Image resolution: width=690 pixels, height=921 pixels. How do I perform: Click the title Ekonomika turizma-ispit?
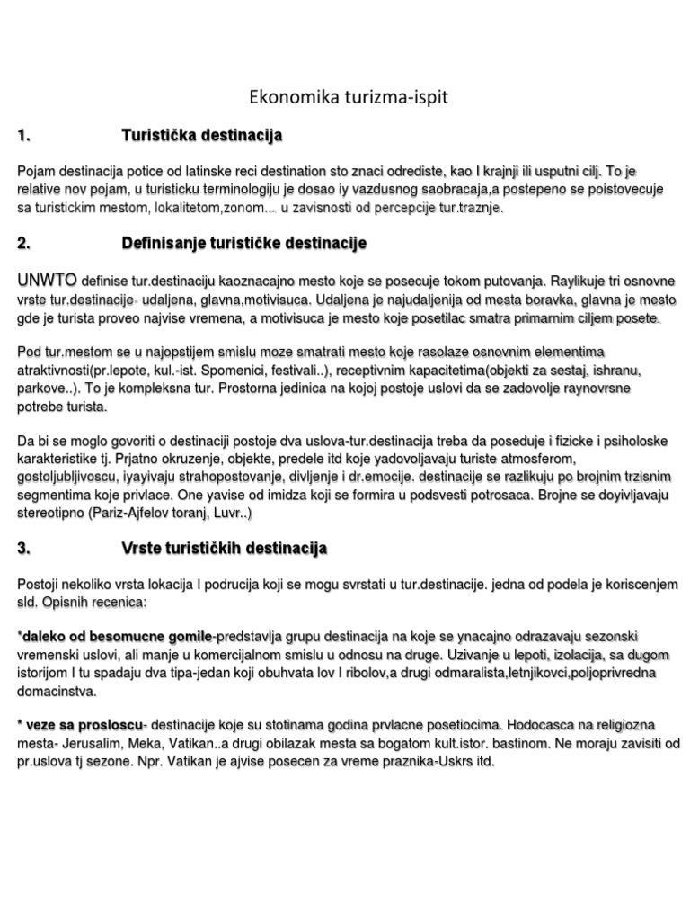[347, 98]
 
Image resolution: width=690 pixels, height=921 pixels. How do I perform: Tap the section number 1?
[24, 136]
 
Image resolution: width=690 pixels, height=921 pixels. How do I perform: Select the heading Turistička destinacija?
[202, 136]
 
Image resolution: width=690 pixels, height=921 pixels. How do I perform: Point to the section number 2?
[24, 244]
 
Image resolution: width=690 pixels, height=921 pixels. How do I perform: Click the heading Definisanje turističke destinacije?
[243, 244]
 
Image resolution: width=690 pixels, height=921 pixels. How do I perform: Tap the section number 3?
[24, 548]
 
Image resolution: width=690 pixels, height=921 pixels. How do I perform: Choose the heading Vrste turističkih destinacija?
[224, 548]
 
